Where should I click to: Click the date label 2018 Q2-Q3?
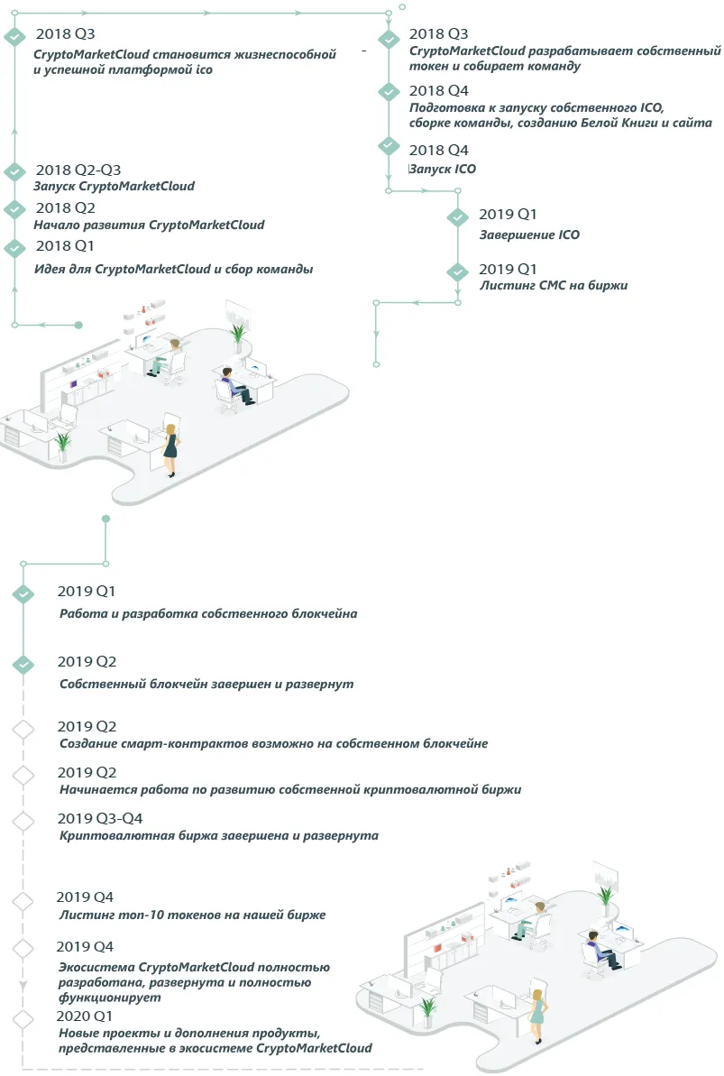point(78,170)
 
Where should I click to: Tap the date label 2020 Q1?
point(84,1016)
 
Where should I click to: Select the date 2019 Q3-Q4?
point(100,818)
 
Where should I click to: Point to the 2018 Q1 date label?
point(65,245)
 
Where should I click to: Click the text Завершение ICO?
point(529,235)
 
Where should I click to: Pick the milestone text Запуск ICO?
point(443,169)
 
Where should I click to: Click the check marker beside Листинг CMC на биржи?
point(458,271)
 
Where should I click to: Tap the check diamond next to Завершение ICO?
point(458,216)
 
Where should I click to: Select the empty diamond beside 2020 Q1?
point(23,1019)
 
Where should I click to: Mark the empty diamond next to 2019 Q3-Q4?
point(23,821)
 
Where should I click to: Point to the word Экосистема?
point(96,967)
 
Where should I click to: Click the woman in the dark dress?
point(170,450)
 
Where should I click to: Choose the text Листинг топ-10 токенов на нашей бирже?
point(192,915)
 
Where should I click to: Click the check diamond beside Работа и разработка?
point(23,593)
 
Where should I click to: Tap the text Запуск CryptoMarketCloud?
point(114,186)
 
